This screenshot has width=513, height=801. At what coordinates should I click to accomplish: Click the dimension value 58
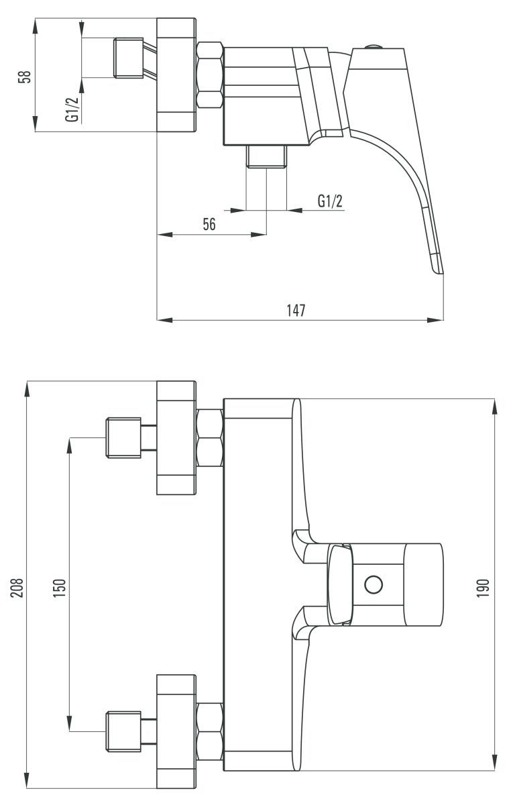click(25, 76)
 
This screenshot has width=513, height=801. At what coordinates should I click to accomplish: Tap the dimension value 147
click(296, 310)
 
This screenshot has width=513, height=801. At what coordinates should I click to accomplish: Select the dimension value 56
click(209, 224)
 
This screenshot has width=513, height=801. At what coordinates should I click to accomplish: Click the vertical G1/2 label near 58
click(73, 109)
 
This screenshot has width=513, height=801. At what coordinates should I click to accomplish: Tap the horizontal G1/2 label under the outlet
click(330, 201)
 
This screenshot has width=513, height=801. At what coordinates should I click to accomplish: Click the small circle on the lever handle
click(374, 584)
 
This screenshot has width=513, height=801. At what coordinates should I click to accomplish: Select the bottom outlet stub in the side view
click(266, 156)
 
